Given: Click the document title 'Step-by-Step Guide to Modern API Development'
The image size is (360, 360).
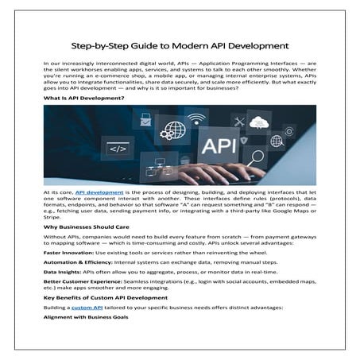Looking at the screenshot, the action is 180,45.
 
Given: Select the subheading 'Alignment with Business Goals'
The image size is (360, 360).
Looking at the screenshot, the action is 84,317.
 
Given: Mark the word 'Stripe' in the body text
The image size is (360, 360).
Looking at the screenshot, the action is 52,217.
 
